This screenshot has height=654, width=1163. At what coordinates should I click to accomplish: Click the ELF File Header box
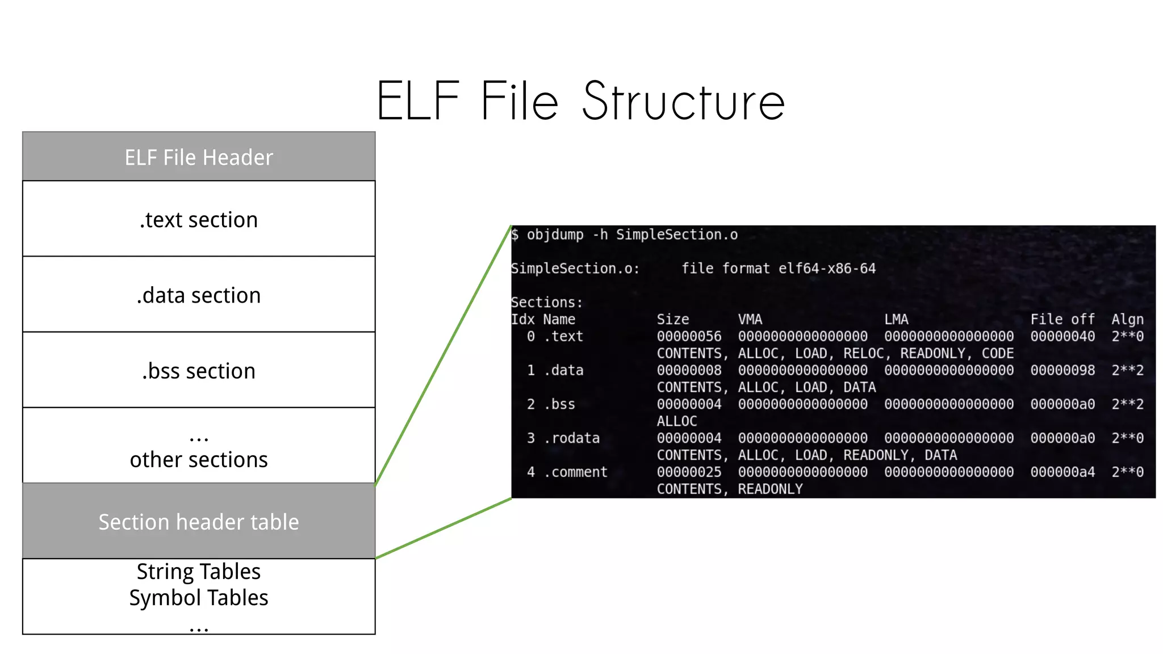(199, 157)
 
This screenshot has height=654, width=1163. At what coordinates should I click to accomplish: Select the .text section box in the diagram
(199, 219)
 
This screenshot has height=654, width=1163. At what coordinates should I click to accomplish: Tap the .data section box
(199, 295)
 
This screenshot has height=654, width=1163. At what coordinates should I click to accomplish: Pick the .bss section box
(199, 370)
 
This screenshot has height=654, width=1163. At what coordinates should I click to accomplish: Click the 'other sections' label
(199, 459)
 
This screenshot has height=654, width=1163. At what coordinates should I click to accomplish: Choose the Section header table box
(199, 521)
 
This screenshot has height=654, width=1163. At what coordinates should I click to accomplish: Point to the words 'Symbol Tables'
(199, 598)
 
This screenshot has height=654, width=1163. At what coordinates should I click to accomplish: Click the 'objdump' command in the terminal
(555, 234)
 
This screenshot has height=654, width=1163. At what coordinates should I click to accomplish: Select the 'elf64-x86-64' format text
(827, 268)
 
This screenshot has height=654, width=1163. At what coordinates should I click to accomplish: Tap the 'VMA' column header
(750, 319)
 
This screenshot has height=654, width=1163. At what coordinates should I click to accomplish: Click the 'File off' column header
(1062, 319)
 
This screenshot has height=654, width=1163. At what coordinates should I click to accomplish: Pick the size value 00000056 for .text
(689, 336)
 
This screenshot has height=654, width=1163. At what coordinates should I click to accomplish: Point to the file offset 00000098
(1062, 370)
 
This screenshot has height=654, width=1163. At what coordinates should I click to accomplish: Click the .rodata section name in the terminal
(572, 438)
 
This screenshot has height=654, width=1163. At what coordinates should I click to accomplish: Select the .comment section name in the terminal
(576, 472)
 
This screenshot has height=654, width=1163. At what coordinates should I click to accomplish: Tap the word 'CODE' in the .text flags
(997, 353)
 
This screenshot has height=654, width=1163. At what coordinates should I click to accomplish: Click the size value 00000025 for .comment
(689, 472)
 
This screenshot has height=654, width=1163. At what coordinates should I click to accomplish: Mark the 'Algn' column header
(1127, 319)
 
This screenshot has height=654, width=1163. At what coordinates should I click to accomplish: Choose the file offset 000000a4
(1062, 472)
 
